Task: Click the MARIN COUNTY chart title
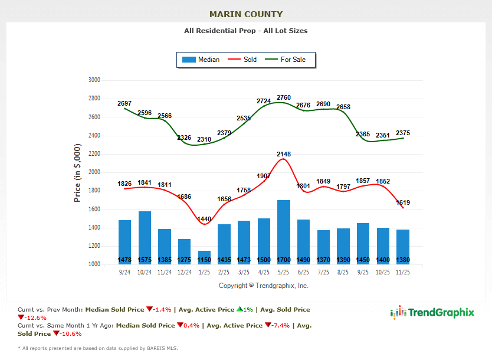[x=246, y=14]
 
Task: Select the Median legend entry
[x=201, y=60]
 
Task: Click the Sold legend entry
[x=242, y=60]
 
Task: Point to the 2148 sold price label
[x=283, y=155]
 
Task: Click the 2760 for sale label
[x=284, y=97]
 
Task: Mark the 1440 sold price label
[x=204, y=219]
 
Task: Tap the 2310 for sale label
[x=204, y=139]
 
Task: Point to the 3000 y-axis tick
[x=94, y=80]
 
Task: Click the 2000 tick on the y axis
[x=94, y=172]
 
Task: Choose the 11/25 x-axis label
[x=403, y=272]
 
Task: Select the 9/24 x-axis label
[x=124, y=272]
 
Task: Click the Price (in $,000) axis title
[x=77, y=173]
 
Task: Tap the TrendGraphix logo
[x=432, y=313]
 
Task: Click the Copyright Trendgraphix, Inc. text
[x=264, y=286]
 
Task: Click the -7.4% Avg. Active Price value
[x=281, y=325]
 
